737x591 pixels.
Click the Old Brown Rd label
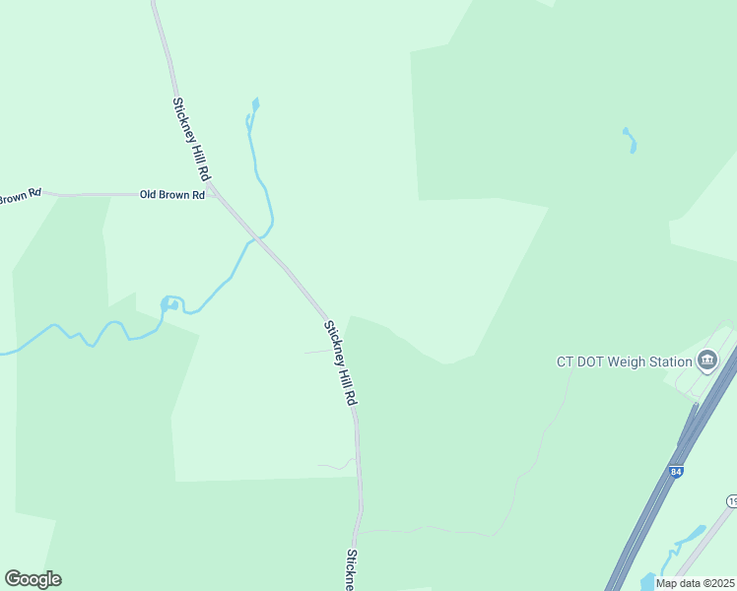pos(171,195)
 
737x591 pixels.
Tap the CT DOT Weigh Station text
pos(624,361)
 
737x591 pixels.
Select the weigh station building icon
pos(706,361)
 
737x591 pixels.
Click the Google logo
pos(33,579)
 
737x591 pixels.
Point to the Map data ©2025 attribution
pos(695,583)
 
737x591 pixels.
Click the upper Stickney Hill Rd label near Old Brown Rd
pos(192,138)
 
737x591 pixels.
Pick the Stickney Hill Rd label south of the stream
pos(340,363)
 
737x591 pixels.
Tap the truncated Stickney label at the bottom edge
pos(351,570)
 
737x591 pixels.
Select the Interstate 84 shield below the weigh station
pos(674,472)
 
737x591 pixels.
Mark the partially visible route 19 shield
pos(731,502)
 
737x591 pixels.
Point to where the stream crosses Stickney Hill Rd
pos(261,237)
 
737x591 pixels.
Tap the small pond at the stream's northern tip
pos(255,103)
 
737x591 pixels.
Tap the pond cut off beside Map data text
pos(646,581)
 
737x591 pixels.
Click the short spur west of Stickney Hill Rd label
pos(317,352)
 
